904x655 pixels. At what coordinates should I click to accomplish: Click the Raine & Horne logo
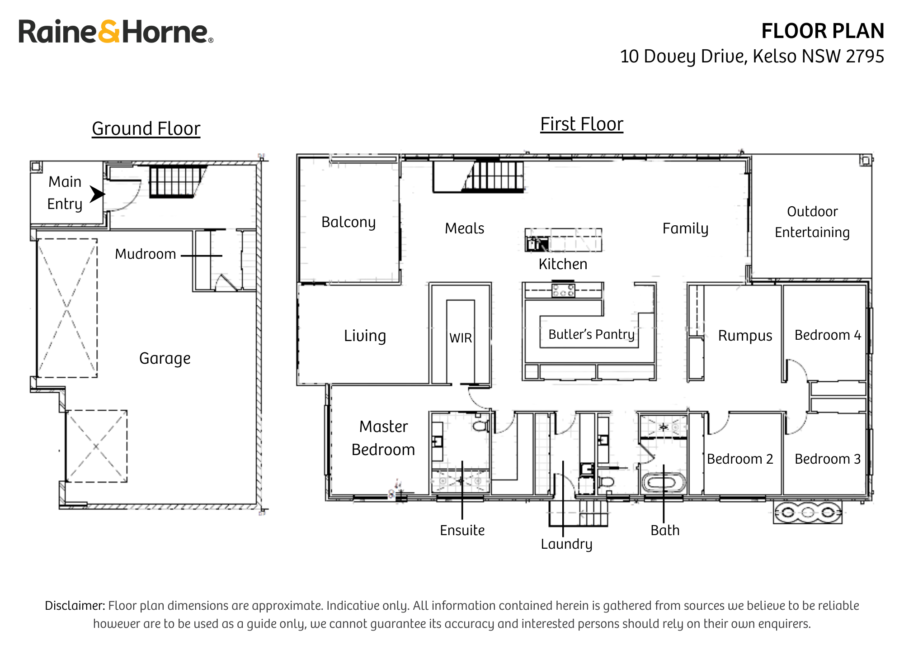pos(115,32)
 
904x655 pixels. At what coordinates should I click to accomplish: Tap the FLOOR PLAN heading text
pos(822,31)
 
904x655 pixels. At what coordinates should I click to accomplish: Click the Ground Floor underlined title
pos(146,128)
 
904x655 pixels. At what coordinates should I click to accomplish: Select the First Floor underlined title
pos(582,124)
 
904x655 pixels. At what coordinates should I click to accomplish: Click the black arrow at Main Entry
pos(97,194)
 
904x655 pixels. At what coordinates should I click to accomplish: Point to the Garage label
pos(165,358)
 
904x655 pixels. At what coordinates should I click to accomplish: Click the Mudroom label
pos(145,254)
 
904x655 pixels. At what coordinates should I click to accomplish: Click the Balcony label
pos(348,222)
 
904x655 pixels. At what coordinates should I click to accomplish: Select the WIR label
pos(461,338)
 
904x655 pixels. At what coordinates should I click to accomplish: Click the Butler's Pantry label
pos(591,334)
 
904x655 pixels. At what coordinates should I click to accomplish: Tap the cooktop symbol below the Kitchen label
pos(563,290)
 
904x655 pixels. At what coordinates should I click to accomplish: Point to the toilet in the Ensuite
pos(480,426)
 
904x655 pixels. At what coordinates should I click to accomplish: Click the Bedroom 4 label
pos(828,335)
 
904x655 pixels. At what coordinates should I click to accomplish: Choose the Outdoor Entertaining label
pos(812,222)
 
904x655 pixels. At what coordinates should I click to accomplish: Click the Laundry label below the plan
pos(566,544)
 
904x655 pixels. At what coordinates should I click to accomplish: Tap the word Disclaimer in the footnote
pos(75,606)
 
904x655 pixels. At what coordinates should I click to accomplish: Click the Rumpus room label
pos(745,336)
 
